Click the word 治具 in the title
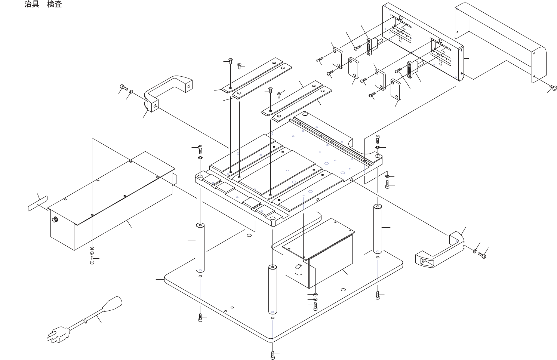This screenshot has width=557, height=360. pos(32,4)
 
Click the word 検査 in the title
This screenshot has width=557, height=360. pos(55,4)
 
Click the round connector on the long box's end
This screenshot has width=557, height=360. pos(55,219)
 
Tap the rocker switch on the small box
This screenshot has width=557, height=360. pos(298,270)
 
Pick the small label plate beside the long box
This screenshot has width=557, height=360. pos(37,203)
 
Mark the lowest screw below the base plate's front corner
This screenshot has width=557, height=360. pos(273,356)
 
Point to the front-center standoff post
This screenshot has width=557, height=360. pos(273,290)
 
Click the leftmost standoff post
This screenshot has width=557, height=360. pos(200,248)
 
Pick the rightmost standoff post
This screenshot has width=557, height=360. pos(378,229)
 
